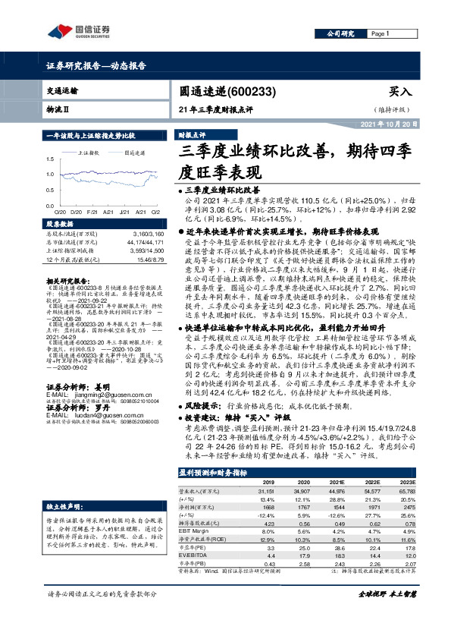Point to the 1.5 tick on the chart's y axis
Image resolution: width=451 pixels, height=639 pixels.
click(x=51, y=158)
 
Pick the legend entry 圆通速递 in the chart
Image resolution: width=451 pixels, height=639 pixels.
click(x=136, y=153)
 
